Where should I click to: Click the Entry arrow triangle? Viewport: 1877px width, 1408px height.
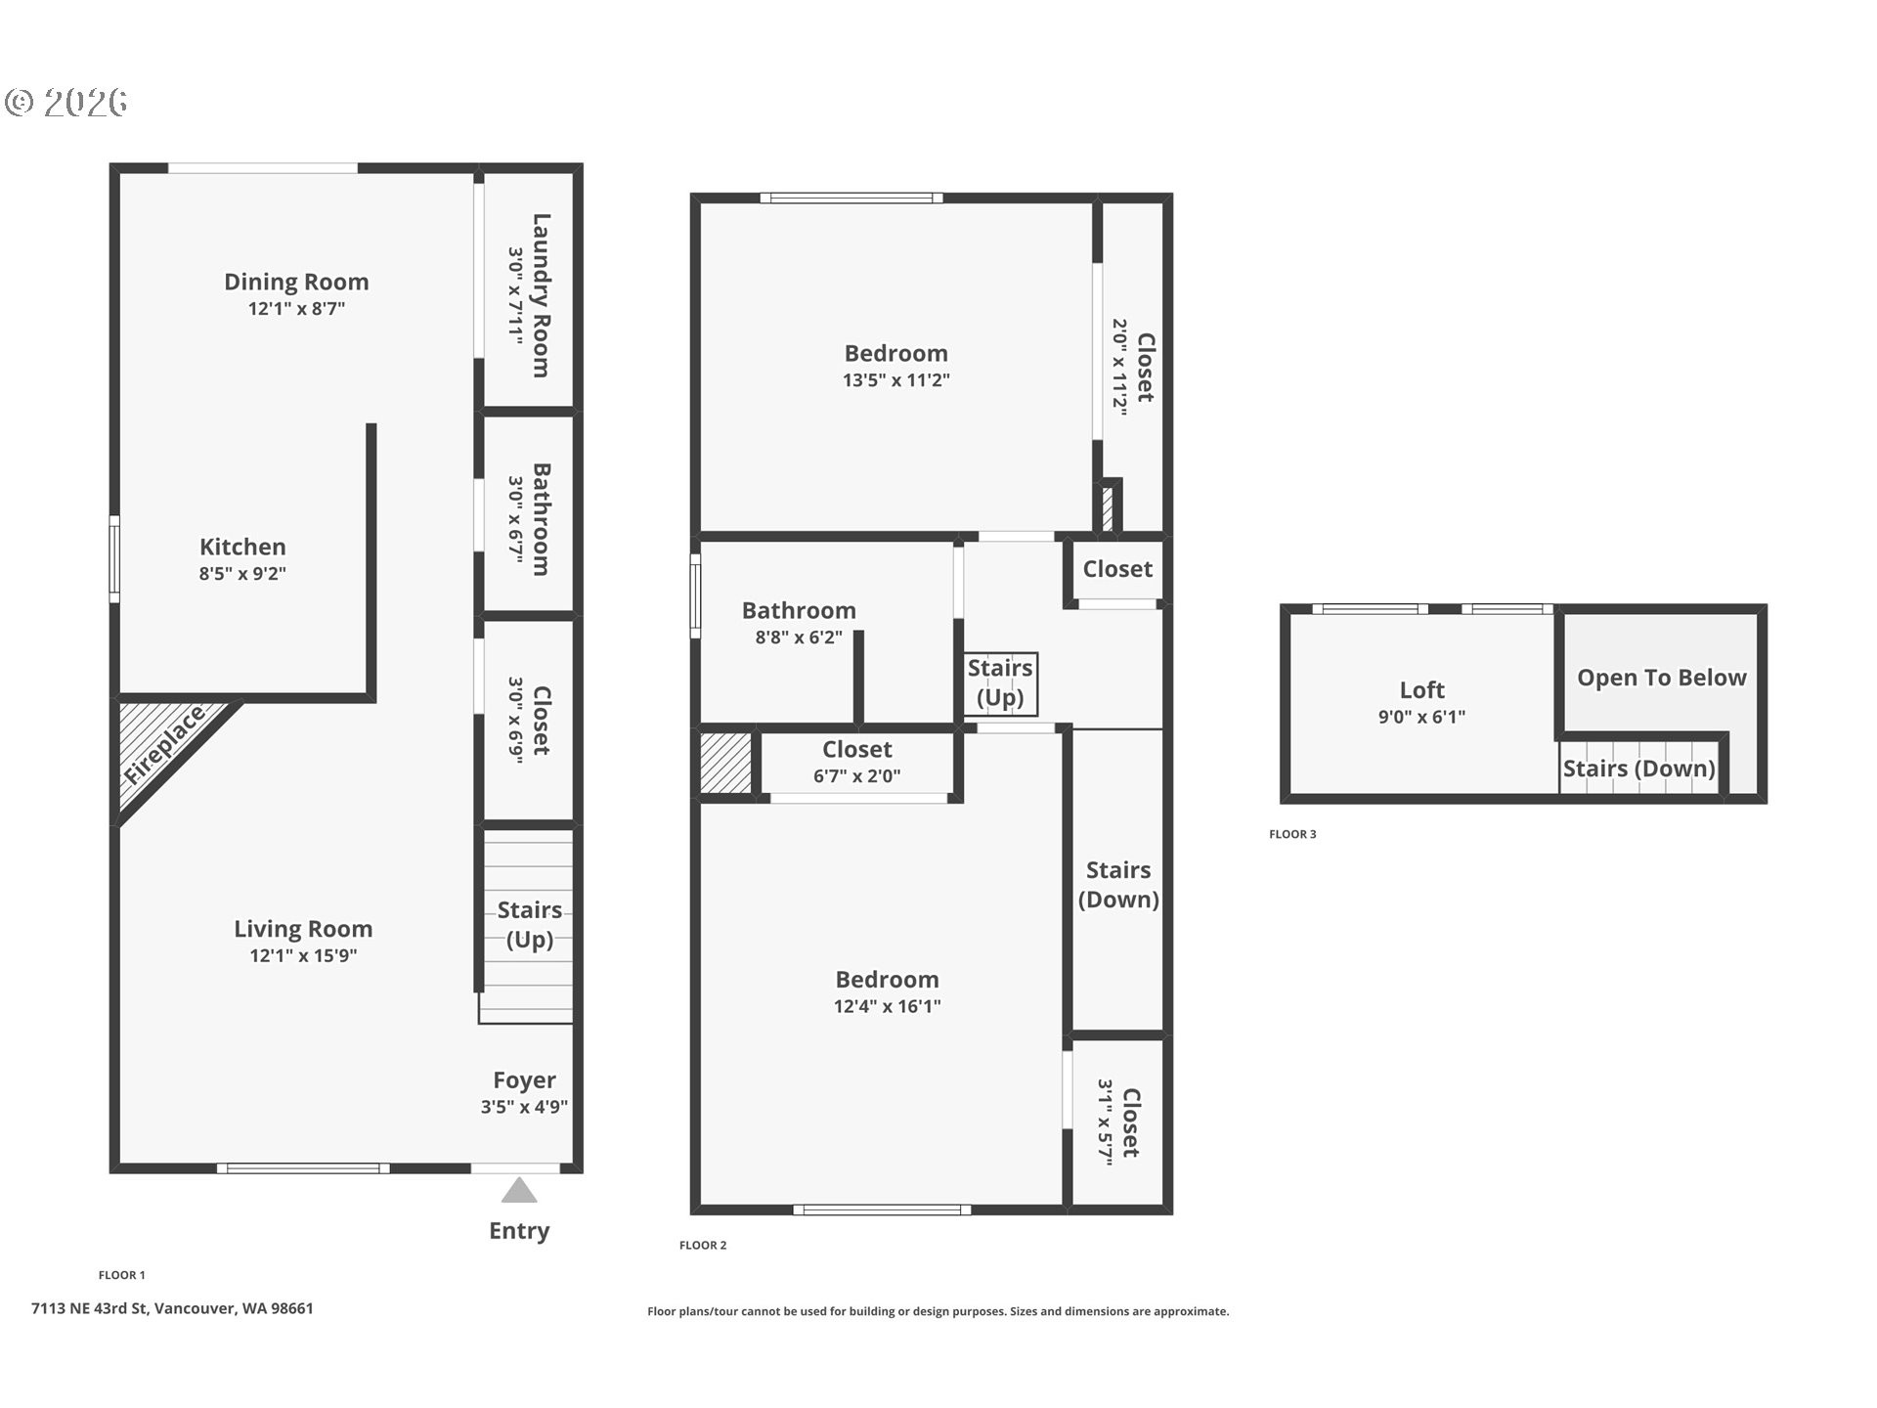pyautogui.click(x=519, y=1191)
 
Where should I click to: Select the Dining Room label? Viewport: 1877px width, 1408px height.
pyautogui.click(x=296, y=282)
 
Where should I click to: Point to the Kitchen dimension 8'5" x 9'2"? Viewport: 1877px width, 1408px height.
pyautogui.click(x=242, y=574)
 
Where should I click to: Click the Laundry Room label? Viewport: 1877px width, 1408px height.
pyautogui.click(x=541, y=295)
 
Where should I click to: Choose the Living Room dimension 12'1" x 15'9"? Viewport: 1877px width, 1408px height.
pyautogui.click(x=303, y=956)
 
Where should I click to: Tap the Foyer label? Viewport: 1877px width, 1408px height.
pyautogui.click(x=524, y=1080)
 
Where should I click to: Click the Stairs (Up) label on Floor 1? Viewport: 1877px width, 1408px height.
pyautogui.click(x=529, y=925)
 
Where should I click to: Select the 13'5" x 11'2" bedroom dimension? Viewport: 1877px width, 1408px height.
pyautogui.click(x=896, y=380)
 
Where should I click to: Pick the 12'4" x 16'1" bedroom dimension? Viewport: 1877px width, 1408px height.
pyautogui.click(x=887, y=1006)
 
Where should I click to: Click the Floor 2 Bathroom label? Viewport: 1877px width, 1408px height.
pyautogui.click(x=799, y=611)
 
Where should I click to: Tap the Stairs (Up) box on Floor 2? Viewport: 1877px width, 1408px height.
pyautogui.click(x=1000, y=683)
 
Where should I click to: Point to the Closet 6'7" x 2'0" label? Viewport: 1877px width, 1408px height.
pyautogui.click(x=857, y=750)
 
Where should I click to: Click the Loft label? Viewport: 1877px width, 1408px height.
pyautogui.click(x=1421, y=690)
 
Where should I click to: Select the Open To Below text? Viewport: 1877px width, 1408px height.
pyautogui.click(x=1661, y=679)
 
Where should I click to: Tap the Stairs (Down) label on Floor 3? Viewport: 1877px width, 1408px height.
pyautogui.click(x=1638, y=770)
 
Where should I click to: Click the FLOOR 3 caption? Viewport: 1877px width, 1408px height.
pyautogui.click(x=1292, y=834)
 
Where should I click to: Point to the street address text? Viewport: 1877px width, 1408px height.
pyautogui.click(x=172, y=1308)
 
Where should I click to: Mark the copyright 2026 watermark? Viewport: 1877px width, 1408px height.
pyautogui.click(x=66, y=103)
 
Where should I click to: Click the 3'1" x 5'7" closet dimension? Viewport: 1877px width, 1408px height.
pyautogui.click(x=1106, y=1122)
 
